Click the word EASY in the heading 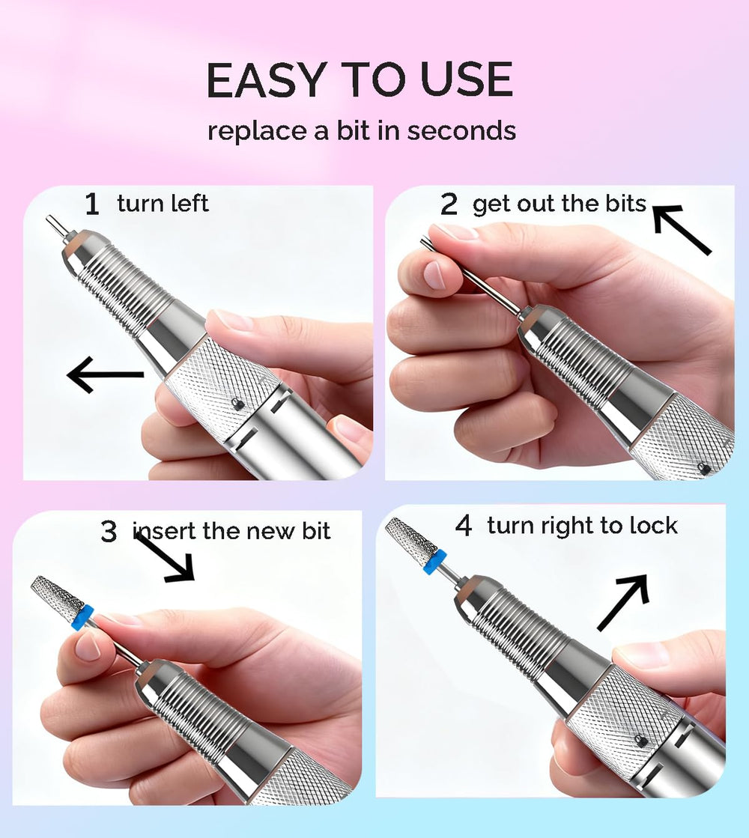(x=266, y=79)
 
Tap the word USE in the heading (x=466, y=79)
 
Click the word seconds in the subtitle (x=461, y=131)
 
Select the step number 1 (x=92, y=204)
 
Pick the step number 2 (x=449, y=204)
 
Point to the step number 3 (x=109, y=531)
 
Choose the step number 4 (x=464, y=526)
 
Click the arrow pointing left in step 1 (x=106, y=374)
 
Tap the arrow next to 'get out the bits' (x=682, y=229)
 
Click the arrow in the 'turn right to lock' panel (x=623, y=602)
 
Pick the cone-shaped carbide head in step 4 (x=412, y=537)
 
